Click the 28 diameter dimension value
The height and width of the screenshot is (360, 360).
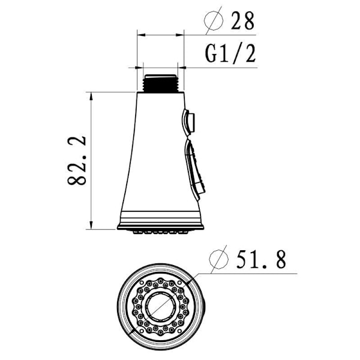click(242, 21)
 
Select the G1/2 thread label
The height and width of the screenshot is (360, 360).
click(230, 54)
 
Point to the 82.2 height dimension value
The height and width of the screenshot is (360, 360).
click(77, 161)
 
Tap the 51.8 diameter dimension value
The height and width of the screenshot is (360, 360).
click(261, 260)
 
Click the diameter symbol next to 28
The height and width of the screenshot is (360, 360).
click(214, 20)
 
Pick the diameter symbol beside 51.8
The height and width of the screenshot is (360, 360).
click(219, 259)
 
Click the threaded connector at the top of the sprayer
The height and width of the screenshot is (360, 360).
click(160, 83)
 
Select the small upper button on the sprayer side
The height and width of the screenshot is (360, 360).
click(189, 121)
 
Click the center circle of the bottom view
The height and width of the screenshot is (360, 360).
click(160, 307)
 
